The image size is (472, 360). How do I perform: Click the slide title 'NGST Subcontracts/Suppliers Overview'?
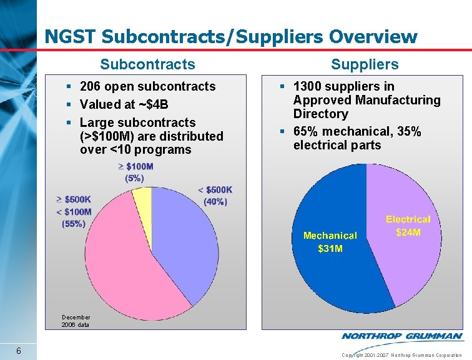click(231, 37)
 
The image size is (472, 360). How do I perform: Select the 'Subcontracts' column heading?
click(147, 64)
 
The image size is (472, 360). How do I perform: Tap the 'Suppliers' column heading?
click(365, 64)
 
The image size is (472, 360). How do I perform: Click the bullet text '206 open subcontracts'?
click(147, 86)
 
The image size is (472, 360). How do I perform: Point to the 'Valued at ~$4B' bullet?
click(124, 104)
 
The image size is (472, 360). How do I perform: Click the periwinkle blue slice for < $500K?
click(181, 237)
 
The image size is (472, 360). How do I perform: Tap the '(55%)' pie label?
click(74, 224)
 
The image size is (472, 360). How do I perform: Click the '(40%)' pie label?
click(215, 201)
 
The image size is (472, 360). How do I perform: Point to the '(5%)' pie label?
click(134, 178)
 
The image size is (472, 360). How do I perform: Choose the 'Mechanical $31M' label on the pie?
click(330, 242)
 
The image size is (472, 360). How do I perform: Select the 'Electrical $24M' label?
click(408, 226)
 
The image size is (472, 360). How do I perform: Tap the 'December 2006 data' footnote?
click(76, 321)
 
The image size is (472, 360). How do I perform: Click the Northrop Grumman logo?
click(402, 336)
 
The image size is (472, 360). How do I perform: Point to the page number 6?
click(19, 351)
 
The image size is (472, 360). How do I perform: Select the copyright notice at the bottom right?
click(402, 354)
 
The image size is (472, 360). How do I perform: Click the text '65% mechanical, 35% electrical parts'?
click(357, 138)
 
